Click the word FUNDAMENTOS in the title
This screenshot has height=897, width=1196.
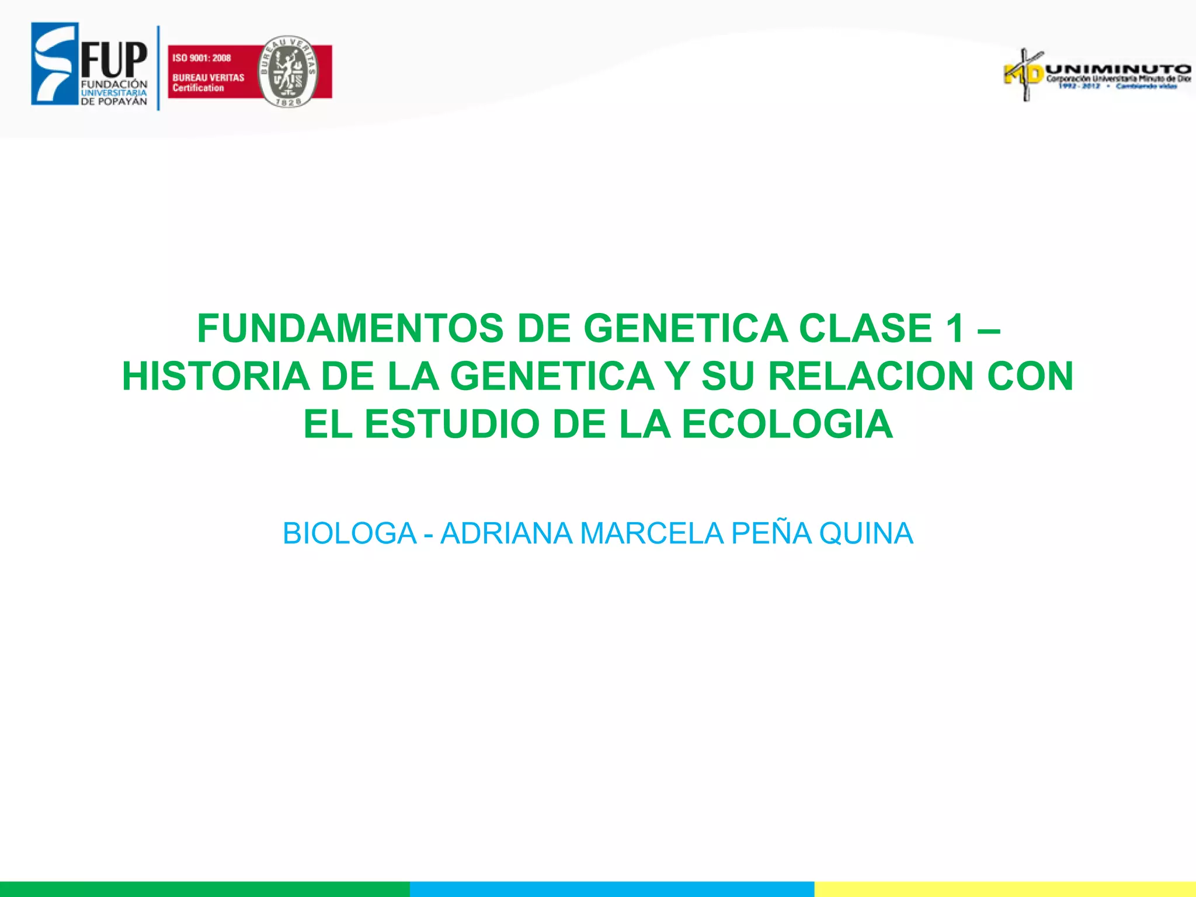point(350,328)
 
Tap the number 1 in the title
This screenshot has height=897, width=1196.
point(956,328)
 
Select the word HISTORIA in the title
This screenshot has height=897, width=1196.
point(215,376)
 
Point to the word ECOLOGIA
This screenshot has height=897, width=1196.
point(787,424)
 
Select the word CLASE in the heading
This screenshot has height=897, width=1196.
point(865,328)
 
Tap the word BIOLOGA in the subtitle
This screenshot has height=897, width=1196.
point(349,533)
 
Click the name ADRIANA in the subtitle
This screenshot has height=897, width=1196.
point(506,533)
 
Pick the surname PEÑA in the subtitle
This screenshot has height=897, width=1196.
point(771,533)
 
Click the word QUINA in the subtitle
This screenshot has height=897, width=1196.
point(866,533)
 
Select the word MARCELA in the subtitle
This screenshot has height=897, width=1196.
point(651,533)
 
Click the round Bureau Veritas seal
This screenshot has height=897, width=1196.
point(288,71)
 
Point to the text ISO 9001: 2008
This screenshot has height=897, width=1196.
point(201,58)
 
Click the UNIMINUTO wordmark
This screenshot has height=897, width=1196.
point(1118,69)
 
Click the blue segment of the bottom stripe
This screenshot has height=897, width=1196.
point(611,889)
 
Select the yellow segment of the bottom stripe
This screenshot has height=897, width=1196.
point(1004,889)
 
